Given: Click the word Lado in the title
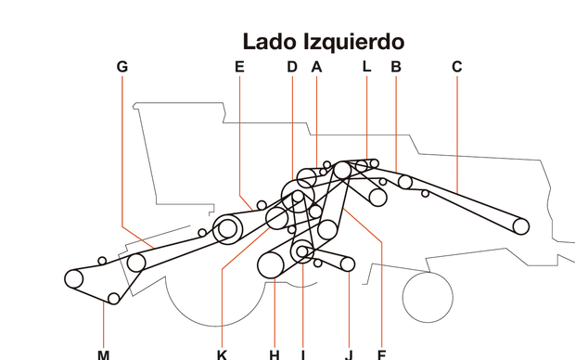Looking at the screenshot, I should coord(269,42).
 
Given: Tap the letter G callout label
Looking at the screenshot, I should coord(122,67).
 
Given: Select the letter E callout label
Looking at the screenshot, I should coord(239,67).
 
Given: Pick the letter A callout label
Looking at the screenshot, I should coord(316,67).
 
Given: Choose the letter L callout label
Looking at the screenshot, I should coord(366,67).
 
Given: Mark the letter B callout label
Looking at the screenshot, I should coord(396,67).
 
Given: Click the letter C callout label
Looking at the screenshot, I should coord(456,67).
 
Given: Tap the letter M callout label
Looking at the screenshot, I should coord(103,354).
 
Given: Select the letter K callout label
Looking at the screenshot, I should coord(222,354).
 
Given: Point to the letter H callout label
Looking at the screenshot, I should coord(275,354).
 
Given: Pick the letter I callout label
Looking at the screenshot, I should coord(302,354).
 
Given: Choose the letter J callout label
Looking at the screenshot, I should coord(349,354).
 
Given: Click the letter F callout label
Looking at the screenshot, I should coord(380,354).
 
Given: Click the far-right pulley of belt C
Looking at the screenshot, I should coord(520,225).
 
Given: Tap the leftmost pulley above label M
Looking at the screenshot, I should coord(75,277).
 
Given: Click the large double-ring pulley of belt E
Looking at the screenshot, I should coord(227,229).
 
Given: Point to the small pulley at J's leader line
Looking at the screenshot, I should coord(348,264).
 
